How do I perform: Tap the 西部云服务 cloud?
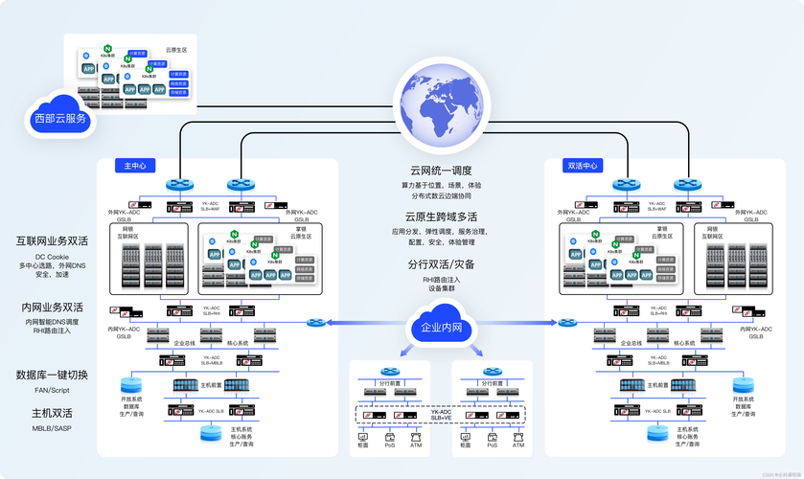click(60, 118)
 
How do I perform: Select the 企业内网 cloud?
click(442, 328)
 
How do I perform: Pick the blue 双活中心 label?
click(583, 165)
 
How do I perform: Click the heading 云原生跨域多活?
click(441, 217)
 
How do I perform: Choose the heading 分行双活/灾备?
click(441, 264)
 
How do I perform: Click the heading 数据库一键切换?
click(52, 375)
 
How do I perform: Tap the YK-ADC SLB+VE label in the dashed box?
click(442, 415)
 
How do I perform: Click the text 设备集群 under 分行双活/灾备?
click(441, 289)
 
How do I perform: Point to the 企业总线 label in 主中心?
click(185, 342)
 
